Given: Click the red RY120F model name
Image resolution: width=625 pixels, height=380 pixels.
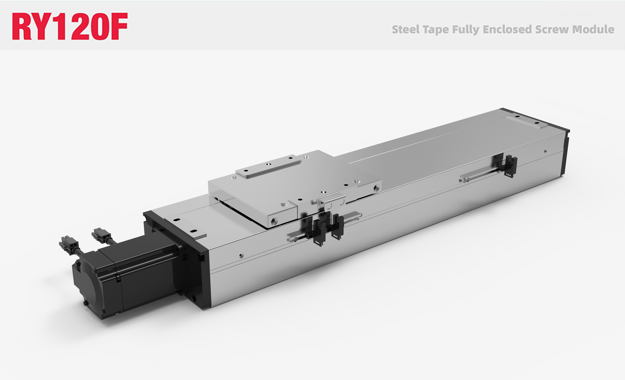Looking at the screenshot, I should pos(70,26).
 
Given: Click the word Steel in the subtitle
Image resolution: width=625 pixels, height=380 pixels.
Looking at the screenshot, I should pos(406,30).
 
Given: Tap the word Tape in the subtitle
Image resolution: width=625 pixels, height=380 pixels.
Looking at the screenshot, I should pos(436,30).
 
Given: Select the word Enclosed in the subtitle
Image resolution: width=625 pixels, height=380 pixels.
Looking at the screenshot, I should pos(507,29).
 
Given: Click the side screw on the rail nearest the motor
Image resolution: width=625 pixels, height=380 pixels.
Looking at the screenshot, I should pos(241,255).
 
